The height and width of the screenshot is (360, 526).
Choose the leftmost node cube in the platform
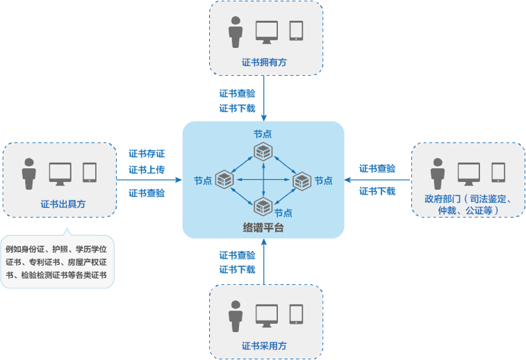pyautogui.click(x=225, y=180)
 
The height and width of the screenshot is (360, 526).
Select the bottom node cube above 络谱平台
pyautogui.click(x=263, y=206)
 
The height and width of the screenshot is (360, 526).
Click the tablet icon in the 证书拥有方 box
pyautogui.click(x=296, y=31)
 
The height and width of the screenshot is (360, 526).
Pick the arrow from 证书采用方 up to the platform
pyautogui.click(x=264, y=261)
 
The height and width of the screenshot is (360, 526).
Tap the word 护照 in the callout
pyautogui.click(x=61, y=249)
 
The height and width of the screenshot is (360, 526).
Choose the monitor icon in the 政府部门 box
pyautogui.click(x=468, y=172)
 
